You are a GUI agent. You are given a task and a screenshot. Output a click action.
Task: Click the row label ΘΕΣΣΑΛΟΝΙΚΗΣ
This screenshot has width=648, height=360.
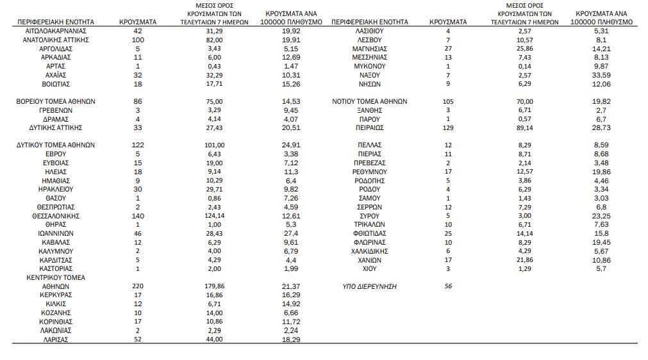56,216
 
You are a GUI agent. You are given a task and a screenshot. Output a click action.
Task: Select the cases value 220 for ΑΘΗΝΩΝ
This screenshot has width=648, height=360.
138,286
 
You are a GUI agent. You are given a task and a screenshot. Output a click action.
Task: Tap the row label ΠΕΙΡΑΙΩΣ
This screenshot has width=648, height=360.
370,127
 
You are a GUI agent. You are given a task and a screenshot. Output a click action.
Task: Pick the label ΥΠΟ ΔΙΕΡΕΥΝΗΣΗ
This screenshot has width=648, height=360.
370,286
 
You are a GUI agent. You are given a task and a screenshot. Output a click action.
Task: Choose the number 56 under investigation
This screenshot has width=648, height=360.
448,286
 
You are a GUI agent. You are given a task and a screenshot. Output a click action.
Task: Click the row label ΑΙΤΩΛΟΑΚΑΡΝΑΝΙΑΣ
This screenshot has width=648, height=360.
56,31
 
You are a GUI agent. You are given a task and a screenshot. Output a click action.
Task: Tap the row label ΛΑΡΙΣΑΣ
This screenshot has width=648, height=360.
56,340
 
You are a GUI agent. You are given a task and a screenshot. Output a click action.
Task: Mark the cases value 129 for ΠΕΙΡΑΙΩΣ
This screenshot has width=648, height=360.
448,127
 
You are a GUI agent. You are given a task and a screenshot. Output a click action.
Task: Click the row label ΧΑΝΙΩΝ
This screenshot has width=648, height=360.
370,260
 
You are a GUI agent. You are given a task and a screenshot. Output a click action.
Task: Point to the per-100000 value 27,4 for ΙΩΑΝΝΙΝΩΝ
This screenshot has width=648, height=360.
291,234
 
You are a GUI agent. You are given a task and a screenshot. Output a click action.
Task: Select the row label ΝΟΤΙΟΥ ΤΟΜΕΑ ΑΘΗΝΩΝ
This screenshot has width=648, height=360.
370,101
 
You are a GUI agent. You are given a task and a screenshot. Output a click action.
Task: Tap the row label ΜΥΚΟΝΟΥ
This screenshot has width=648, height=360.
370,66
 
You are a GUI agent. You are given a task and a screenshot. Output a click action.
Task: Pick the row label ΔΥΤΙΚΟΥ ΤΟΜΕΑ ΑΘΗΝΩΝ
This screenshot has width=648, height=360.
56,145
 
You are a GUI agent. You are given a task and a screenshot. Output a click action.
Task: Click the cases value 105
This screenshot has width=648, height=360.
448,101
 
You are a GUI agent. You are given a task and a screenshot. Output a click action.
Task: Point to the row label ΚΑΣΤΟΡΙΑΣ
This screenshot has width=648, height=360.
56,268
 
